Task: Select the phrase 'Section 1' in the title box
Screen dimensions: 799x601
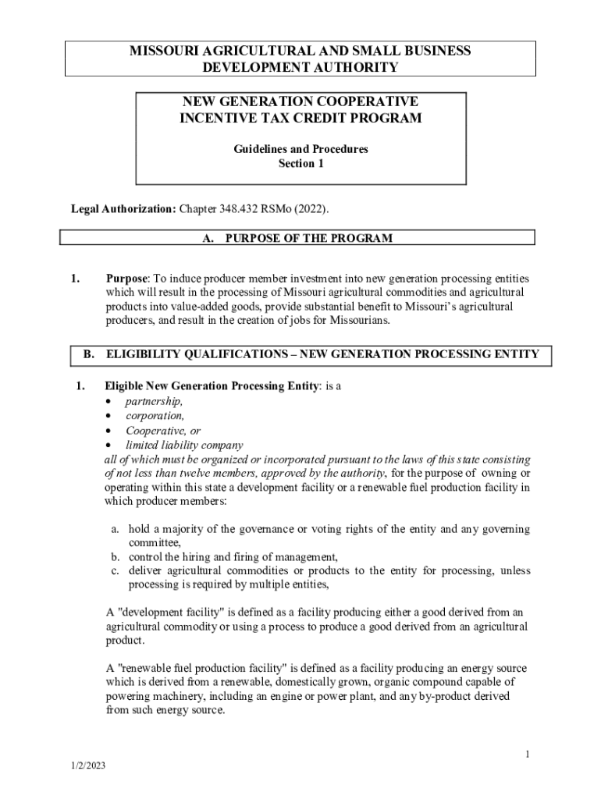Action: (x=300, y=164)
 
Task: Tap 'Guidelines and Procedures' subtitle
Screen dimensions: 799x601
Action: (x=300, y=149)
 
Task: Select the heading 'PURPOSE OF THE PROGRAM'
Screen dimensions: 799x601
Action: (x=308, y=238)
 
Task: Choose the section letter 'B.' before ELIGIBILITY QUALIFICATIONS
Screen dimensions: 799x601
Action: (x=89, y=354)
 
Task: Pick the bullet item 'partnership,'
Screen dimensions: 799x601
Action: (x=155, y=401)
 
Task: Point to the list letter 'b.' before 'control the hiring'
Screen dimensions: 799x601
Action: (x=114, y=557)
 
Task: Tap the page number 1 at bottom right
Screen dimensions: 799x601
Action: (x=528, y=755)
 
